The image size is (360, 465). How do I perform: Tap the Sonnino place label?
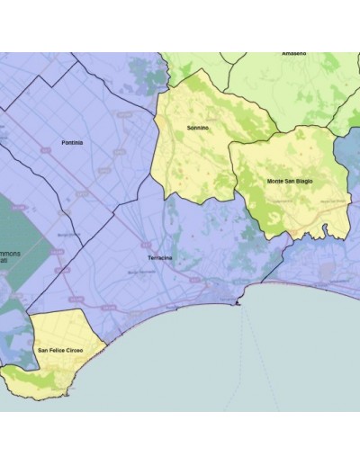(x=197, y=128)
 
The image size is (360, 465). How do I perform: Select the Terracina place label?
(x=159, y=258)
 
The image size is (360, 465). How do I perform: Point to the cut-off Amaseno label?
(x=293, y=54)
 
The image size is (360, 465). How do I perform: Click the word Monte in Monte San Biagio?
(x=276, y=181)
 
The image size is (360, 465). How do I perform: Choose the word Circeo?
(x=80, y=348)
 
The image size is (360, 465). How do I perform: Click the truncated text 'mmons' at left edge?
(x=9, y=253)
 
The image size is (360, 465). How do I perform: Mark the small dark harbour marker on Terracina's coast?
(x=238, y=304)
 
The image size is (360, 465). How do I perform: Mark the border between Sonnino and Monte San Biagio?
(x=232, y=166)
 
